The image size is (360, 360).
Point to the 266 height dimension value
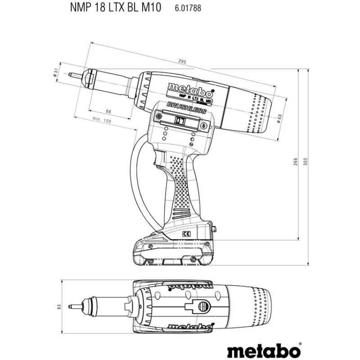click(296, 161)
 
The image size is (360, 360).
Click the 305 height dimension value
click(306, 163)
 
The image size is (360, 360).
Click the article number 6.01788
click(186, 8)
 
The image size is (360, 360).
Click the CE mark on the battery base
click(186, 234)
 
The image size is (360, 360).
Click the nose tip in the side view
click(73, 75)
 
